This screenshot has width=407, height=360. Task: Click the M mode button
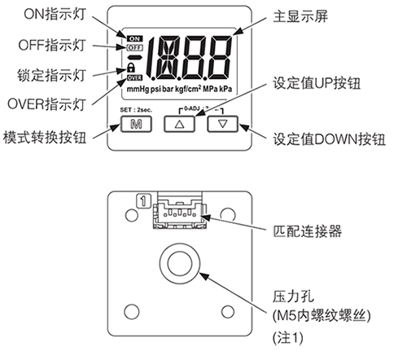(x=136, y=124)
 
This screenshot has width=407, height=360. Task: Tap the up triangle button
(x=179, y=124)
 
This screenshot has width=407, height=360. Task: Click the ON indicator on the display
(x=134, y=39)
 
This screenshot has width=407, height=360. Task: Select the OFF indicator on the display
(x=134, y=47)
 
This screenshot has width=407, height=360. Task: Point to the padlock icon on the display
(x=131, y=68)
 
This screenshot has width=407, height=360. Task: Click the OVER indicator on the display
(x=134, y=78)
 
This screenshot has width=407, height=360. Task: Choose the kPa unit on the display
(x=225, y=89)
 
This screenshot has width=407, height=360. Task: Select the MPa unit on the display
(x=210, y=89)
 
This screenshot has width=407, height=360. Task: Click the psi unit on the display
(x=156, y=89)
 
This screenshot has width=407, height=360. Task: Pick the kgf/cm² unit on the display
(x=188, y=89)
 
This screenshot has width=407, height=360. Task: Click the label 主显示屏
(x=300, y=16)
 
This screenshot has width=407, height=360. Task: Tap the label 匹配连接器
(x=307, y=231)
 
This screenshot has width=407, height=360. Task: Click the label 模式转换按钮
(x=45, y=137)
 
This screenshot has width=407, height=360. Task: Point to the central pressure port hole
(x=180, y=263)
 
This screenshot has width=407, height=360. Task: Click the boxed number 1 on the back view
(x=143, y=201)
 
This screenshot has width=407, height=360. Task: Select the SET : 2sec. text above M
(x=136, y=110)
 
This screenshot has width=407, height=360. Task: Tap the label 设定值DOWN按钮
(x=329, y=139)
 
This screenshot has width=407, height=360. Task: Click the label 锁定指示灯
(x=51, y=75)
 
